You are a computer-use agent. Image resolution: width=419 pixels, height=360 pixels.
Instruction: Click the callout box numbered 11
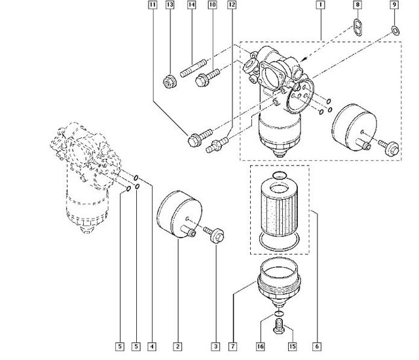click(x=153, y=5)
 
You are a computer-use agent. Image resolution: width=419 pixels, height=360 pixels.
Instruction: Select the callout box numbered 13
click(x=170, y=5)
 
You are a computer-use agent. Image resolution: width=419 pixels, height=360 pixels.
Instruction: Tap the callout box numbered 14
click(x=191, y=5)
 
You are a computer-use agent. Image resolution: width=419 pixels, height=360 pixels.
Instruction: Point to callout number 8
click(x=357, y=5)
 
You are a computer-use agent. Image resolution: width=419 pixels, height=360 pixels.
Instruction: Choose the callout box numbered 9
click(x=394, y=5)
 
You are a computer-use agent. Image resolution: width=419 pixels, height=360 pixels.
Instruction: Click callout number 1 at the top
click(x=320, y=5)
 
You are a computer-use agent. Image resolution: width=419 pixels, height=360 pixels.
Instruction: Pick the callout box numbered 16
click(x=261, y=347)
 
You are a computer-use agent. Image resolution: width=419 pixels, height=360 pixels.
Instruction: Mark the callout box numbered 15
click(x=293, y=347)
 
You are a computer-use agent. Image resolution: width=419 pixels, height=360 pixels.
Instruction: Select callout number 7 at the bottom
click(x=233, y=347)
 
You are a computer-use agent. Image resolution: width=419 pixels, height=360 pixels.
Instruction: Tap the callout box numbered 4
click(x=152, y=347)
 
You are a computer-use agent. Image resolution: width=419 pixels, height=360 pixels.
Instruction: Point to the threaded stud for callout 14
click(x=193, y=68)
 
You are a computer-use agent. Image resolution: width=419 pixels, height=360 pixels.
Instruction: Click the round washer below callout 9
click(x=395, y=31)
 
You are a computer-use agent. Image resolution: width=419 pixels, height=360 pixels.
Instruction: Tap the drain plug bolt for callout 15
click(x=279, y=326)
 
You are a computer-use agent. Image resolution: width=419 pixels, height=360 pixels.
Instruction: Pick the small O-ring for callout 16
click(x=280, y=314)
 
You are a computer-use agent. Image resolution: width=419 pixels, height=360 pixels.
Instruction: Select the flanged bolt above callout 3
click(x=214, y=233)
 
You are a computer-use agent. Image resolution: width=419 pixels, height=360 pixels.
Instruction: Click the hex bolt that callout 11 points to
click(x=200, y=137)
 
